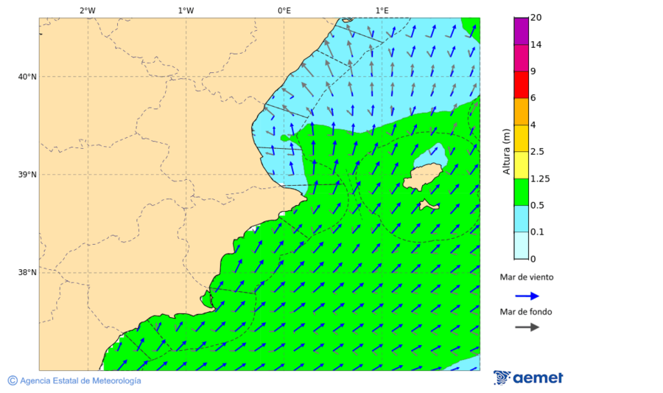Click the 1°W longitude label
186,10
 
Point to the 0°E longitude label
284,10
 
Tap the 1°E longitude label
382,10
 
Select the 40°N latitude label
27,77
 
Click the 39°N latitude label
27,175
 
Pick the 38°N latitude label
27,273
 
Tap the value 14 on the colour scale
536,45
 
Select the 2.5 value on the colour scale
537,152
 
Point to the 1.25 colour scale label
540,178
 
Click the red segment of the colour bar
521,85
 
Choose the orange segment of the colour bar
521,111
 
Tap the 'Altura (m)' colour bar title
506,152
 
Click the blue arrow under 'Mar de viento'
527,296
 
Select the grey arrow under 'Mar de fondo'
527,327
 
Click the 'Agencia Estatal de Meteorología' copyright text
80,381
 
